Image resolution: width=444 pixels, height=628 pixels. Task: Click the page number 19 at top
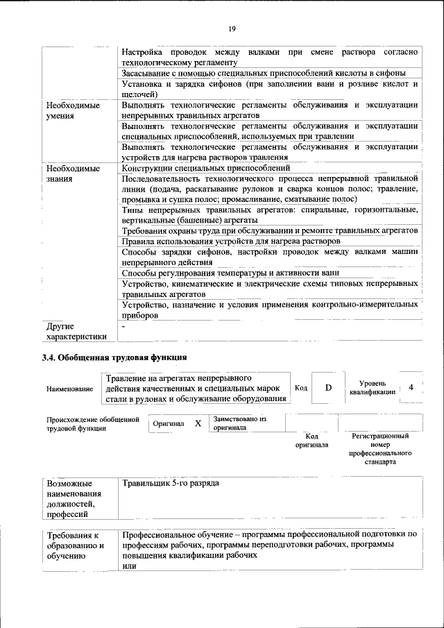(231, 28)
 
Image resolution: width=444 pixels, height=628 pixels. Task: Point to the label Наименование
(69, 389)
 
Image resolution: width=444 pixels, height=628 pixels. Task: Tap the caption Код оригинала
(311, 440)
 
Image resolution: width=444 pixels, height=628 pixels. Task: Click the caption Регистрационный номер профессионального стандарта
(379, 448)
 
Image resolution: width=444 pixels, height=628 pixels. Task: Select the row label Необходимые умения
(73, 110)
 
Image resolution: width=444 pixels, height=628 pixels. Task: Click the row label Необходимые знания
(73, 173)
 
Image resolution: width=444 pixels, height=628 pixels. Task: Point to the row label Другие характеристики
(76, 331)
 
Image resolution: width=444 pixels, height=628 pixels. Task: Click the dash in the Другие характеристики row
(123, 325)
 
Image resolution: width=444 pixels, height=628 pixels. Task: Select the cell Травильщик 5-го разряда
(170, 483)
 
